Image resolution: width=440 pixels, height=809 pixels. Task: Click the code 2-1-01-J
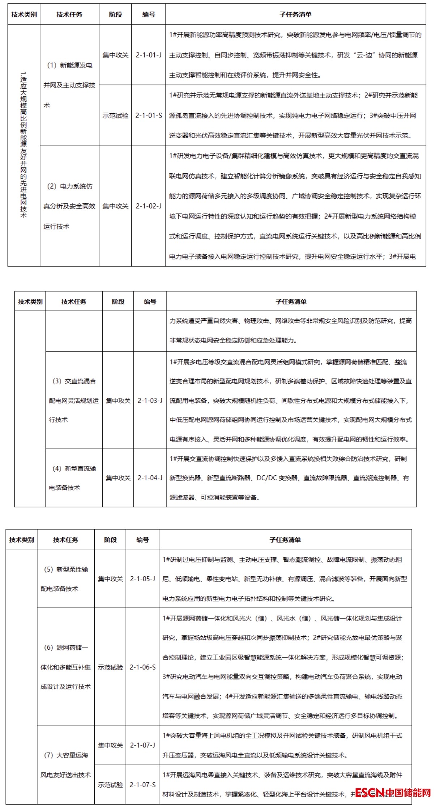pyautogui.click(x=149, y=55)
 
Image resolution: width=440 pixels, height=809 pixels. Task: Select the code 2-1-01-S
pyautogui.click(x=149, y=115)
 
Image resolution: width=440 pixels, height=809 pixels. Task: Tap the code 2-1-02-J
pyautogui.click(x=149, y=206)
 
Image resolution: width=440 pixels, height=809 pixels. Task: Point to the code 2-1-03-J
pyautogui.click(x=150, y=400)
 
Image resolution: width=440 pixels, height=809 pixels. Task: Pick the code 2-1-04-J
pyautogui.click(x=150, y=478)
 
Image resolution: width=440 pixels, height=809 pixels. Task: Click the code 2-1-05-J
pyautogui.click(x=142, y=579)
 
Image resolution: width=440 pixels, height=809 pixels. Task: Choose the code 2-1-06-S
pyautogui.click(x=142, y=667)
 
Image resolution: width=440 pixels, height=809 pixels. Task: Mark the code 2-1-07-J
pyautogui.click(x=142, y=745)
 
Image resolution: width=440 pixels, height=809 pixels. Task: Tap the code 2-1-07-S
pyautogui.click(x=142, y=785)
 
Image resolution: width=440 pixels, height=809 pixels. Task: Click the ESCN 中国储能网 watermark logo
pyautogui.click(x=393, y=793)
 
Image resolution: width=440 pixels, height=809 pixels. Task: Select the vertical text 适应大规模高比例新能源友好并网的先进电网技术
pyautogui.click(x=24, y=145)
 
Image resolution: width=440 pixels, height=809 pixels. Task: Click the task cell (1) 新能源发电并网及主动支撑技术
pyautogui.click(x=69, y=85)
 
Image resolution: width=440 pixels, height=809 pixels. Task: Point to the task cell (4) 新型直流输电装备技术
pyautogui.click(x=74, y=478)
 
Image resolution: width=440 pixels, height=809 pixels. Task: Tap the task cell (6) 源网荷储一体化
pyautogui.click(x=66, y=667)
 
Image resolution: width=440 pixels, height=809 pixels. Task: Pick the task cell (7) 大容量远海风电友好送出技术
pyautogui.click(x=66, y=765)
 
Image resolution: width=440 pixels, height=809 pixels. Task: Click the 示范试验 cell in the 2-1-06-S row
pyautogui.click(x=110, y=667)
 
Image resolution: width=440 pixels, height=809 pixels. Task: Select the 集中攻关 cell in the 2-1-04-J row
pyautogui.click(x=118, y=478)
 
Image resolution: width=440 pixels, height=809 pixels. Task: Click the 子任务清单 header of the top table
pyautogui.click(x=295, y=14)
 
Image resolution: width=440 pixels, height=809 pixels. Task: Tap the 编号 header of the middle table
pyautogui.click(x=150, y=302)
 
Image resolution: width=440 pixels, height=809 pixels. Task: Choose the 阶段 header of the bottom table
pyautogui.click(x=110, y=540)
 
